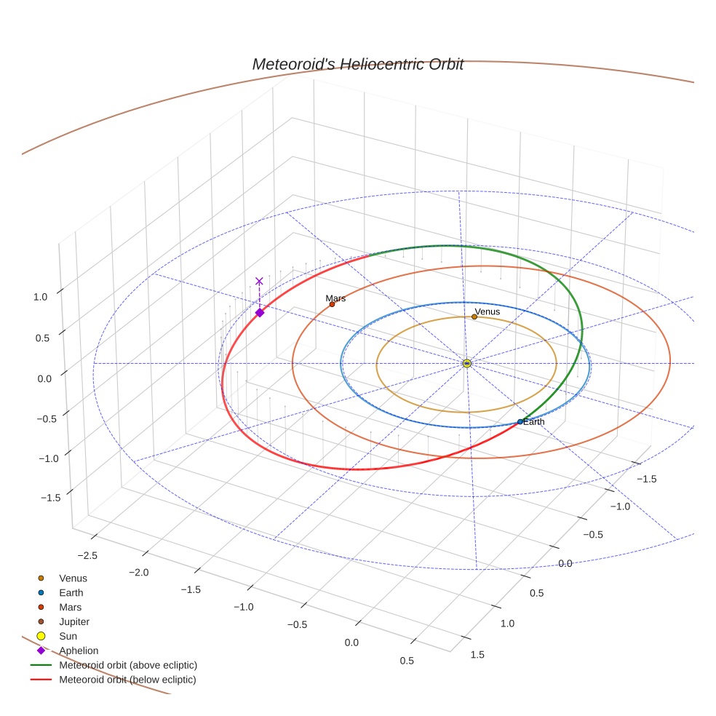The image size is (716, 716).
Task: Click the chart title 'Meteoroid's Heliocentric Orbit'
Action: click(357, 64)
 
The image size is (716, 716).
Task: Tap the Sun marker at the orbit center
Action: click(466, 363)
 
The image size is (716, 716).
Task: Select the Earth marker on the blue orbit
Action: click(520, 422)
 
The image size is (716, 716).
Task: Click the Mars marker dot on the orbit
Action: click(332, 304)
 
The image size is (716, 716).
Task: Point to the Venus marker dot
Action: click(474, 317)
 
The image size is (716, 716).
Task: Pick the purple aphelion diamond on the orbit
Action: click(260, 312)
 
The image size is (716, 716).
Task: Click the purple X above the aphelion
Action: click(259, 281)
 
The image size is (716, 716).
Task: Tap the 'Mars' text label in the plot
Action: click(335, 298)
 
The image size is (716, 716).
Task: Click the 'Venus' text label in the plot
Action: click(487, 311)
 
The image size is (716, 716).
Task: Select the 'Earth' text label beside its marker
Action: click(533, 422)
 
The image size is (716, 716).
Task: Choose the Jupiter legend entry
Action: click(73, 621)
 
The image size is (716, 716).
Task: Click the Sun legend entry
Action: click(68, 636)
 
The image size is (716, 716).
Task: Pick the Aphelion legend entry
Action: click(78, 651)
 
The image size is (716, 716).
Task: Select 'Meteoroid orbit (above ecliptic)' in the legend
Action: click(128, 665)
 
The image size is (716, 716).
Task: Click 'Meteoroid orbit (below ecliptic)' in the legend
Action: click(127, 680)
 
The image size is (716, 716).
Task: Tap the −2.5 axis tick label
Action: click(87, 555)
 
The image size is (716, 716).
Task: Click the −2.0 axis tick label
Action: click(138, 572)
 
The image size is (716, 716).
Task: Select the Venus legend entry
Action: click(73, 578)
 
